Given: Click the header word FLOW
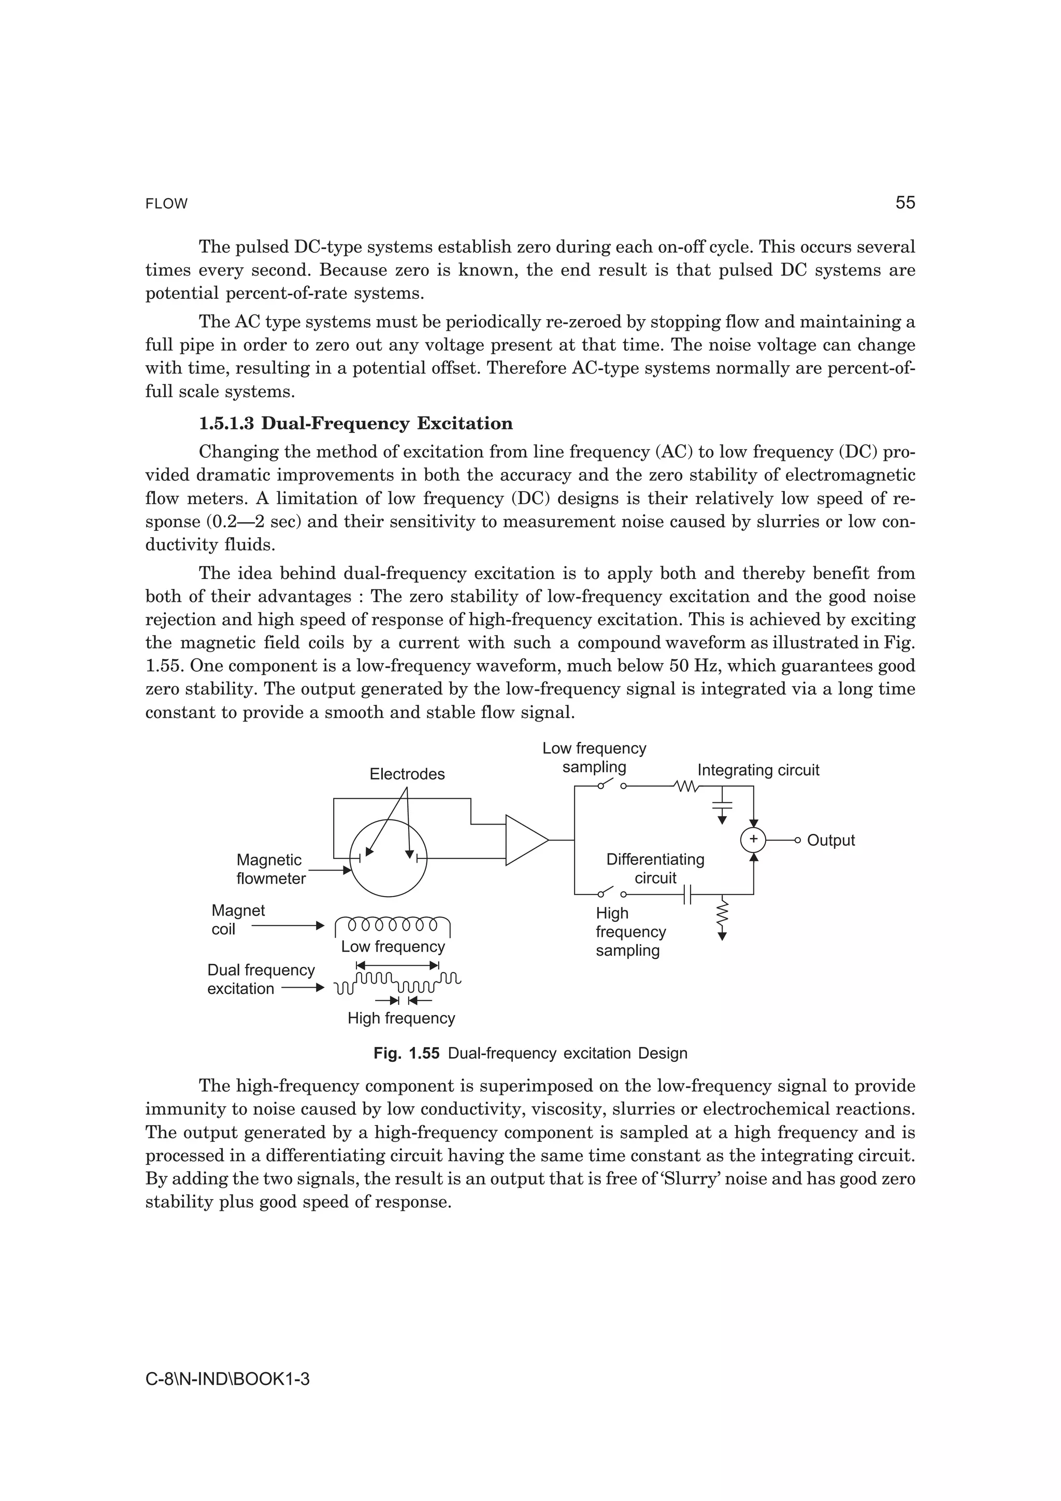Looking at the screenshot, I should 166,204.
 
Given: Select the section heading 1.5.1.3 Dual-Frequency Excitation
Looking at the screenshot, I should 355,424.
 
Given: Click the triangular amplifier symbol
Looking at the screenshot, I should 525,840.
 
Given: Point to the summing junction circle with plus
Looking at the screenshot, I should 753,840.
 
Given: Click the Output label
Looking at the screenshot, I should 830,840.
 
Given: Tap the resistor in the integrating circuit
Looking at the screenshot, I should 686,787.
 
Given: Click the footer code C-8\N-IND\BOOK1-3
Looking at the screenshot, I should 227,1379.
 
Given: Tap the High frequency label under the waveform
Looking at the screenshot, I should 401,1018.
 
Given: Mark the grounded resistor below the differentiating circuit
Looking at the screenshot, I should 722,917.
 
